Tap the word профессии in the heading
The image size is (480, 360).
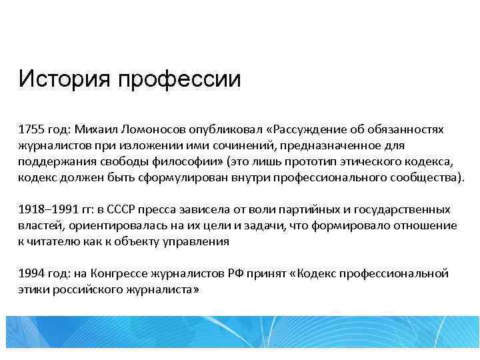[179, 81]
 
